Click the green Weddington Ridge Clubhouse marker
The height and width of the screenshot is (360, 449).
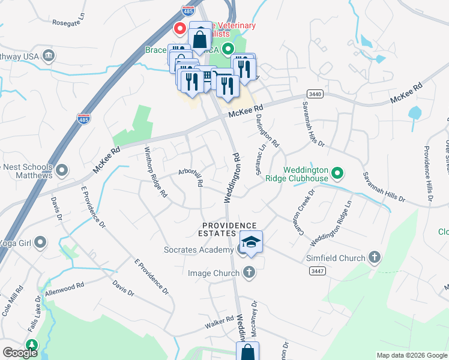[337, 174]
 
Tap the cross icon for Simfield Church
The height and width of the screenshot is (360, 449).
[375, 258]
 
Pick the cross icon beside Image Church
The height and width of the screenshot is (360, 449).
[249, 273]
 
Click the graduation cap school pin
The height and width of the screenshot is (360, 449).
[251, 242]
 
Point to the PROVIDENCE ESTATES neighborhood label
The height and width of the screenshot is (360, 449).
[229, 230]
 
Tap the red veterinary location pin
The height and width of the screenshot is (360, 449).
[179, 28]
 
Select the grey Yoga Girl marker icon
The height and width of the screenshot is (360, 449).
[40, 242]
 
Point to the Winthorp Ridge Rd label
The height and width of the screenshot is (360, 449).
[155, 172]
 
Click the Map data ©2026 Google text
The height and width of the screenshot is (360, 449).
[411, 355]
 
